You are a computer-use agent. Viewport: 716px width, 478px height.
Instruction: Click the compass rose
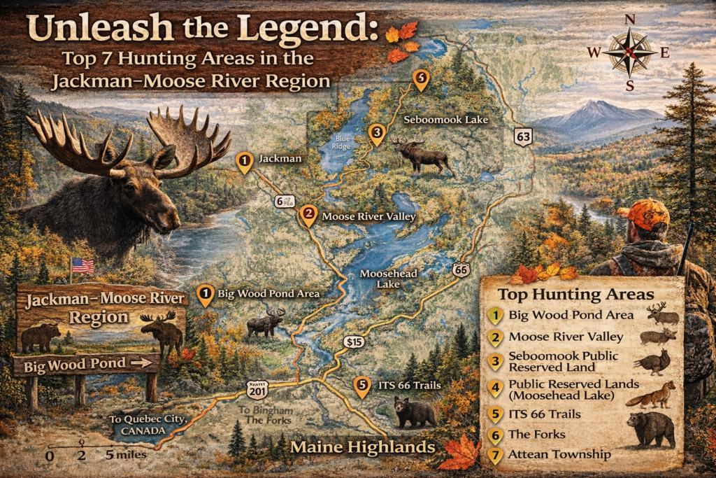(630, 52)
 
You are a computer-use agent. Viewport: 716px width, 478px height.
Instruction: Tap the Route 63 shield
(523, 136)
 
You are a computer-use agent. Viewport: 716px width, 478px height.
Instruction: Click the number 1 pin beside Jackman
(244, 162)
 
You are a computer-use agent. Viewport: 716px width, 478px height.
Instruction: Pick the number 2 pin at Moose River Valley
(308, 216)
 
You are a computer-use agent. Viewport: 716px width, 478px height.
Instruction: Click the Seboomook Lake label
(446, 120)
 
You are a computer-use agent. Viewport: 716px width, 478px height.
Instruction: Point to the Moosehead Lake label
(380, 279)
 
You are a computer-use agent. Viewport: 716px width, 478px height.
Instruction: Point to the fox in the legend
(650, 395)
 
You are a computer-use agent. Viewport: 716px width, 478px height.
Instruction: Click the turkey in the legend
(653, 362)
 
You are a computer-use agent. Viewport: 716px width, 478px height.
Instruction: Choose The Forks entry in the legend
(537, 434)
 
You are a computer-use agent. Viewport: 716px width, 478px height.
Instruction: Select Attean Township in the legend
(559, 455)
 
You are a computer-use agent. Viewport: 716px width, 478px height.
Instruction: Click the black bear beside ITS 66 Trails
(414, 412)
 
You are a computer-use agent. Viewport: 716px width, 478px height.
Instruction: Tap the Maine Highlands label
(362, 447)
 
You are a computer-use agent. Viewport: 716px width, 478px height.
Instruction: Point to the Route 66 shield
(459, 269)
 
